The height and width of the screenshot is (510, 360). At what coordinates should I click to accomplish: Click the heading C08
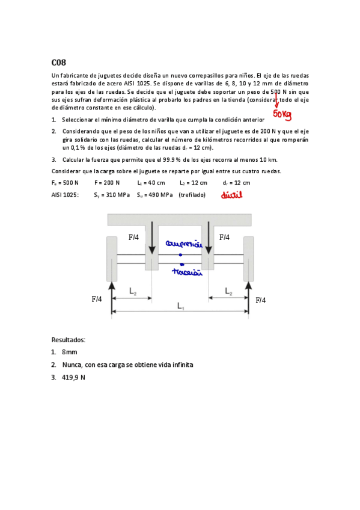[x=58, y=62]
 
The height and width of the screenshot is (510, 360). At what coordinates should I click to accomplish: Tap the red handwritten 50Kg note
[x=282, y=114]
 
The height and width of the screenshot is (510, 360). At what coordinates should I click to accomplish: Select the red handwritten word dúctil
[x=231, y=195]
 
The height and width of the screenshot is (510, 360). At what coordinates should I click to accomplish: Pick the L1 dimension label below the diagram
[x=180, y=306]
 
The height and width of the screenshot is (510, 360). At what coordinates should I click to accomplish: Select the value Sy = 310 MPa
[x=111, y=195]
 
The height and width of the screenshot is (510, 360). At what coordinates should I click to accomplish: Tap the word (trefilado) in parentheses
[x=192, y=195]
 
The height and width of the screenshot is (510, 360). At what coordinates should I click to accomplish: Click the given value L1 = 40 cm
[x=151, y=182]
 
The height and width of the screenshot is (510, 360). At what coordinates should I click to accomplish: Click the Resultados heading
[x=69, y=340]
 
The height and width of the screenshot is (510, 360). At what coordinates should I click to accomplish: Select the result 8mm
[x=69, y=352]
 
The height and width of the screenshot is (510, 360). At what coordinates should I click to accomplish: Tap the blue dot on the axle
[x=180, y=255]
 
